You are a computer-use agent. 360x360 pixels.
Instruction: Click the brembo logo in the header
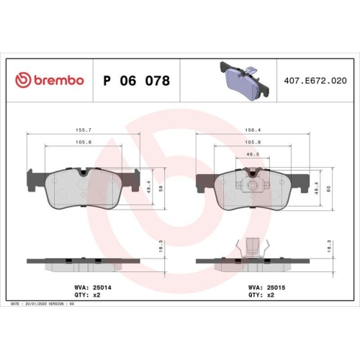[50, 81]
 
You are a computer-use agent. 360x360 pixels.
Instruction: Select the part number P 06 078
[136, 81]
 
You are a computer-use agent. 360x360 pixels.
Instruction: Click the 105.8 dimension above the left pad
[83, 143]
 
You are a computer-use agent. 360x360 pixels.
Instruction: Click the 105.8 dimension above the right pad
[253, 143]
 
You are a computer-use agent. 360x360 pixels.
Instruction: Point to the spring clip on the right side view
[253, 247]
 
